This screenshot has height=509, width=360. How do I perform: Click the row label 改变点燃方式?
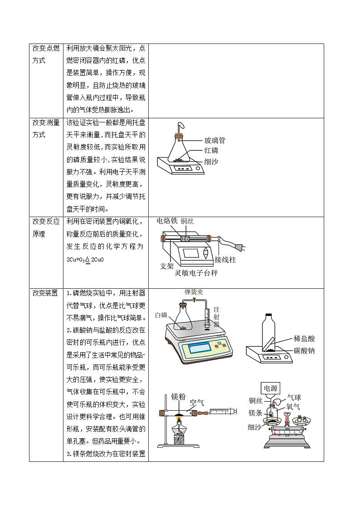(46, 54)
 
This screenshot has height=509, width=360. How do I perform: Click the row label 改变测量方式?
(46, 129)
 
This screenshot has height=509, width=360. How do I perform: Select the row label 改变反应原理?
(46, 228)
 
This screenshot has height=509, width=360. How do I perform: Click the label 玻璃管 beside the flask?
(215, 141)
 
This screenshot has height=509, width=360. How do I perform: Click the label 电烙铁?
(167, 221)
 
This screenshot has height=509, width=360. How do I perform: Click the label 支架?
(167, 266)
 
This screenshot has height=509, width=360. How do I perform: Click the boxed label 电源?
(271, 388)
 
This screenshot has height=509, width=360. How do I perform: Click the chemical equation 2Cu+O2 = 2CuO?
(84, 260)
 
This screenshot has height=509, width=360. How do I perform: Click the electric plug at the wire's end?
(240, 248)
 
